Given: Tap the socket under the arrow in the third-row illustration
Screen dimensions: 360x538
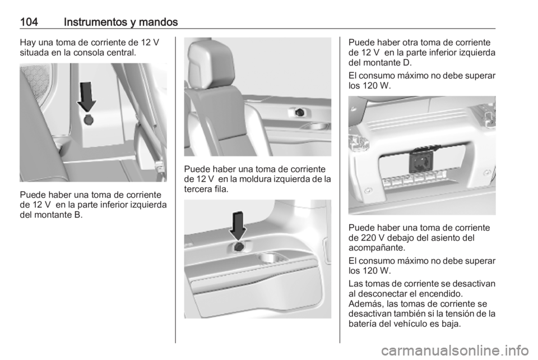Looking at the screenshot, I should click(240, 247).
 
